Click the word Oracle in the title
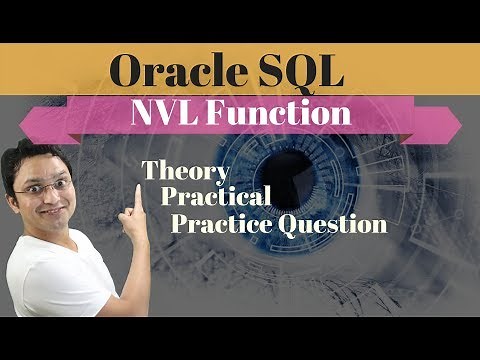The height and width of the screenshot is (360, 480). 167,73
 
